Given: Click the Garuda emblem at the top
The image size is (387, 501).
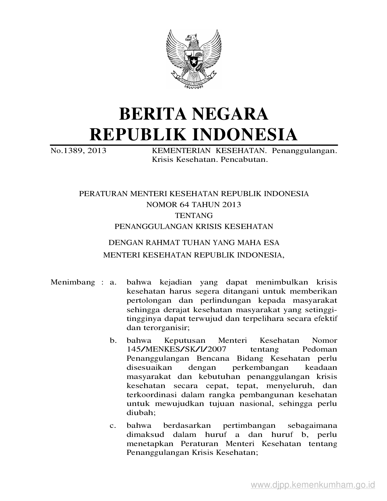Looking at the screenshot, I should pos(194,59).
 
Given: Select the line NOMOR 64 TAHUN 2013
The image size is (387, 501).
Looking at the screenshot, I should pos(194,205).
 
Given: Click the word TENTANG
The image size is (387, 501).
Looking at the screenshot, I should pos(194,216).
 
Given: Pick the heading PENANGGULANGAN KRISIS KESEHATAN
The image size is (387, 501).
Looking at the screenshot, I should pos(194,227).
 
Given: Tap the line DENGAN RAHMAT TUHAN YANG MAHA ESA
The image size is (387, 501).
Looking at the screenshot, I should pos(194,243).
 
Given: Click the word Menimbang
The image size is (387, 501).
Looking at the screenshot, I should pos(73,282).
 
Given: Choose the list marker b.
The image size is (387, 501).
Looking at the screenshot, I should pos(113,340).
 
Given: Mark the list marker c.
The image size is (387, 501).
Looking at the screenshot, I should pos(113,425).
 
